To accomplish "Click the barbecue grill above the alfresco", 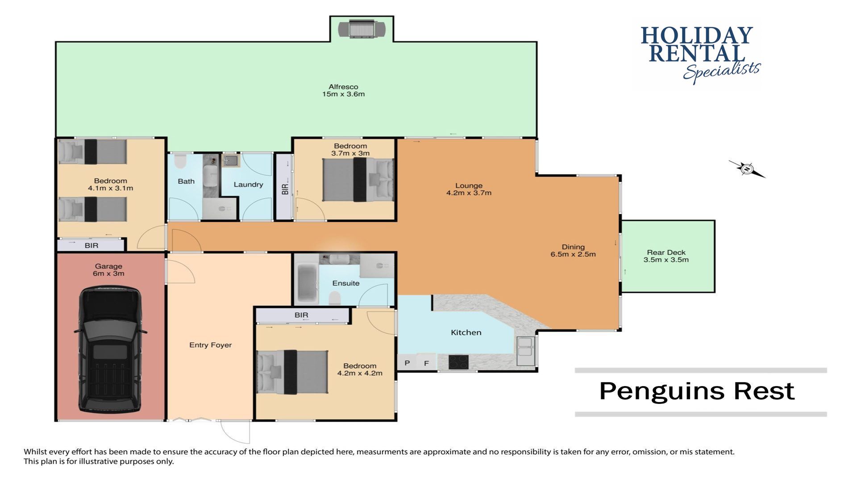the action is (362, 29).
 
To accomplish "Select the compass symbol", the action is (747, 169).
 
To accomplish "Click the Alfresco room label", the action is (343, 91).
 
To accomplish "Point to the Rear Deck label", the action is (666, 256).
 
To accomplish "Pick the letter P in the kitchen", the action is (407, 363).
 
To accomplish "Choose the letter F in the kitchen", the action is (426, 363).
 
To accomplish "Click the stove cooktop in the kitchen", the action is (458, 361).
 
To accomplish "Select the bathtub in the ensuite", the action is (307, 283).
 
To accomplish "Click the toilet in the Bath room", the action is (180, 161).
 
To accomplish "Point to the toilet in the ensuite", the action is (335, 298).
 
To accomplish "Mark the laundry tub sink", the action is (231, 160).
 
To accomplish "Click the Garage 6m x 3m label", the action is (108, 270).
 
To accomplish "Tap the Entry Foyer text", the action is (210, 345).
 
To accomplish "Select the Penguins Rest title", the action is (697, 391).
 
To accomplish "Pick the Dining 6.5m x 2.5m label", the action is (573, 251).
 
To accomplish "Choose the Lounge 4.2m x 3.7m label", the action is (469, 189).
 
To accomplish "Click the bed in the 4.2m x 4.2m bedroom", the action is (292, 372).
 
